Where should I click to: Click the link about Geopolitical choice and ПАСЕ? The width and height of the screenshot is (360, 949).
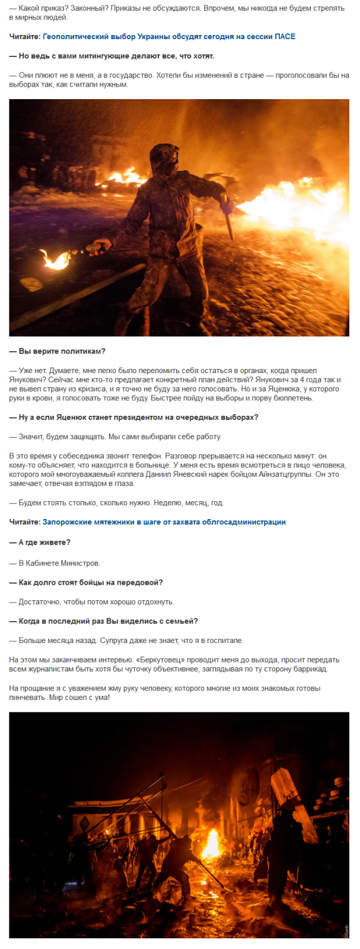pos(169,37)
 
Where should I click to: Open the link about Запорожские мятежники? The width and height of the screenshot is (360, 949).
pos(164,522)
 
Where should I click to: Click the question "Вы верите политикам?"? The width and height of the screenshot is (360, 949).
pos(58,351)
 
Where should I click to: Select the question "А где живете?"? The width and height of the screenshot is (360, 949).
pos(40,542)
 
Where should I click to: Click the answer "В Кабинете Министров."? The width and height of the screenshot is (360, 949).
pos(55,563)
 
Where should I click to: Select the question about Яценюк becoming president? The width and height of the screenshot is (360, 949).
pos(134,417)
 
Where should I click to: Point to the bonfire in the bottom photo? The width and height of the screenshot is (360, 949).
pos(212,843)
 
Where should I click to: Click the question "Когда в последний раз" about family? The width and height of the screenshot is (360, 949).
pos(104,621)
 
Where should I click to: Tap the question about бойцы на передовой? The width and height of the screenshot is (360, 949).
pos(86,582)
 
